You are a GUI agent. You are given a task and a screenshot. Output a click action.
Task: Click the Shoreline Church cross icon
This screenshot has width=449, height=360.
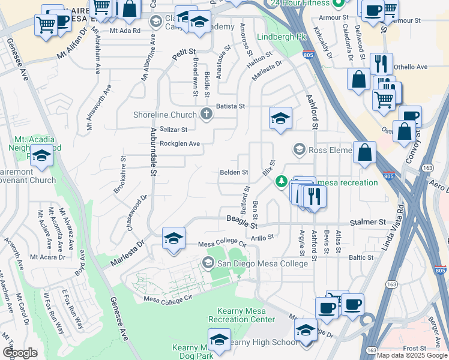pos(206,115)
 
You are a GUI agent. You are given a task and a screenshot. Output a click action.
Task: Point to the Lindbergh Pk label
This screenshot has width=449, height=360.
pos(281,37)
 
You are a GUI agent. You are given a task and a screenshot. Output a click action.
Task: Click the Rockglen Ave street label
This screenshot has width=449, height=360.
pos(179,144)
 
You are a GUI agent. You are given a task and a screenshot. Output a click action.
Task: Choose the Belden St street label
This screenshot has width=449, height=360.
pos(234,172)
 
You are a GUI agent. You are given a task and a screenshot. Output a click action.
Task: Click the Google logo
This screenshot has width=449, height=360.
pos(20,352)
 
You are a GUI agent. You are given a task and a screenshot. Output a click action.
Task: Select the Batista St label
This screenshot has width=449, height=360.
pos(231,106)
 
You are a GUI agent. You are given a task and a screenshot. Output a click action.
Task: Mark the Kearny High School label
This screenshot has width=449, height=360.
pos(264,343)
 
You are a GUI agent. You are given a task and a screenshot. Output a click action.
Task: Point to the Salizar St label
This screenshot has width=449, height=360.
pos(173,129)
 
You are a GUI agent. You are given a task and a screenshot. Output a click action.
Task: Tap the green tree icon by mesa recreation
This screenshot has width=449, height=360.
pos(280,181)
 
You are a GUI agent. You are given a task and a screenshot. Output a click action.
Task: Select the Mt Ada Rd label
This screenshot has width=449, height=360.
pos(125,30)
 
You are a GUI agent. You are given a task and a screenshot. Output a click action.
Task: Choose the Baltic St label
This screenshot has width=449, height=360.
pos(361,257)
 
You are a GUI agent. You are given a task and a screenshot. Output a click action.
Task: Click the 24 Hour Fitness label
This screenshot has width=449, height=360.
pos(301,3)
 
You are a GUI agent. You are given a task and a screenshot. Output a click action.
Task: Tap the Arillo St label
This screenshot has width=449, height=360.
pos(262,237)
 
